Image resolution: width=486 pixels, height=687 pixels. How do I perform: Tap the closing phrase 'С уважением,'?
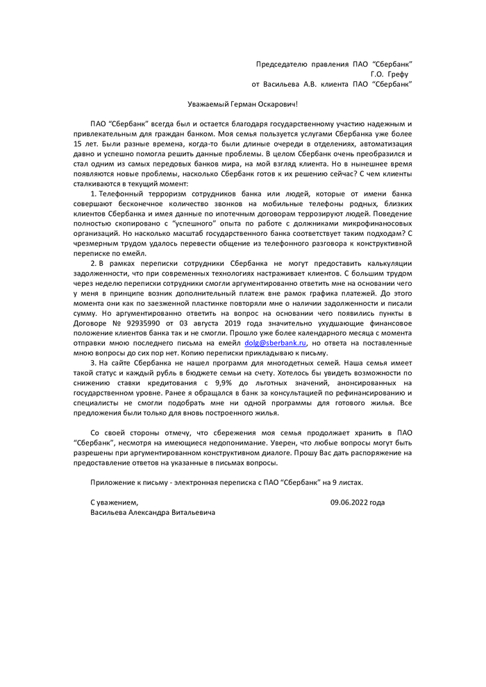tap(114, 502)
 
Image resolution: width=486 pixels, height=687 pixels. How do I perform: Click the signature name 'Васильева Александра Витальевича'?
tap(152, 512)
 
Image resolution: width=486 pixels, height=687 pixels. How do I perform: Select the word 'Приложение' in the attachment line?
tap(113, 482)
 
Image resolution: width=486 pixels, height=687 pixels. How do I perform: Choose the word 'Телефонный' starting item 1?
tap(122, 192)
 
